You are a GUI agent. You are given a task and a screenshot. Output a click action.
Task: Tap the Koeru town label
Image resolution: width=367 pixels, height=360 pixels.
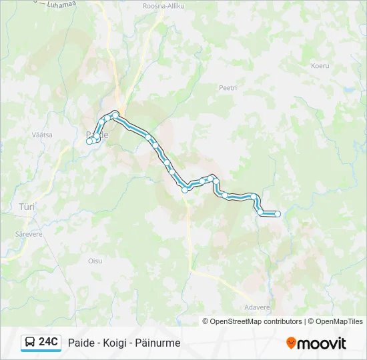[x=320, y=65]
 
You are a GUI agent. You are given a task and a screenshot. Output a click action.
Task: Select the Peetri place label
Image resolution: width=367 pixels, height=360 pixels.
[x=228, y=87]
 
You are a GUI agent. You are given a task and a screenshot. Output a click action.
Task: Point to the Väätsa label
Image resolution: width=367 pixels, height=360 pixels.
[x=42, y=134]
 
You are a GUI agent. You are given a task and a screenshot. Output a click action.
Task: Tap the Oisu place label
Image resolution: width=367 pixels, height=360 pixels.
[x=95, y=261]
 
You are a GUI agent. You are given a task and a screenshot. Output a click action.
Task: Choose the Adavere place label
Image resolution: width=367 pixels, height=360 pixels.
[x=258, y=307]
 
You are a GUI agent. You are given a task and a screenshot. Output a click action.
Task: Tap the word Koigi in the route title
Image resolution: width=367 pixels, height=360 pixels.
[x=115, y=343]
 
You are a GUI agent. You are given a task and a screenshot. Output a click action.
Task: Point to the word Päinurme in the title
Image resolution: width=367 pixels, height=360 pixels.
[x=158, y=343]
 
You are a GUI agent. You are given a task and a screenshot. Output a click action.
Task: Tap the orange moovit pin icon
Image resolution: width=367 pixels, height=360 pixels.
[x=291, y=343]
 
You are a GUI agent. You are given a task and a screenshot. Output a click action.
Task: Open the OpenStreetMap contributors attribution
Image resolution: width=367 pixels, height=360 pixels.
[x=256, y=321]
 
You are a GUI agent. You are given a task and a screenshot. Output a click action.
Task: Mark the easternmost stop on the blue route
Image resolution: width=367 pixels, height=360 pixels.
[x=278, y=214]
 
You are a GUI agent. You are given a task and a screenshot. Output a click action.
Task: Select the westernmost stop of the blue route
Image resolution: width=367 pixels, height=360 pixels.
[x=89, y=141]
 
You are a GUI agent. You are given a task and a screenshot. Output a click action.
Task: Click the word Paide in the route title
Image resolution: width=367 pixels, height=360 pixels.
[x=81, y=343]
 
